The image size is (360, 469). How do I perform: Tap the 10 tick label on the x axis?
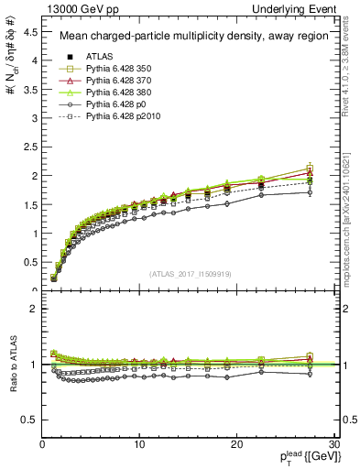(x=139, y=444)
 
